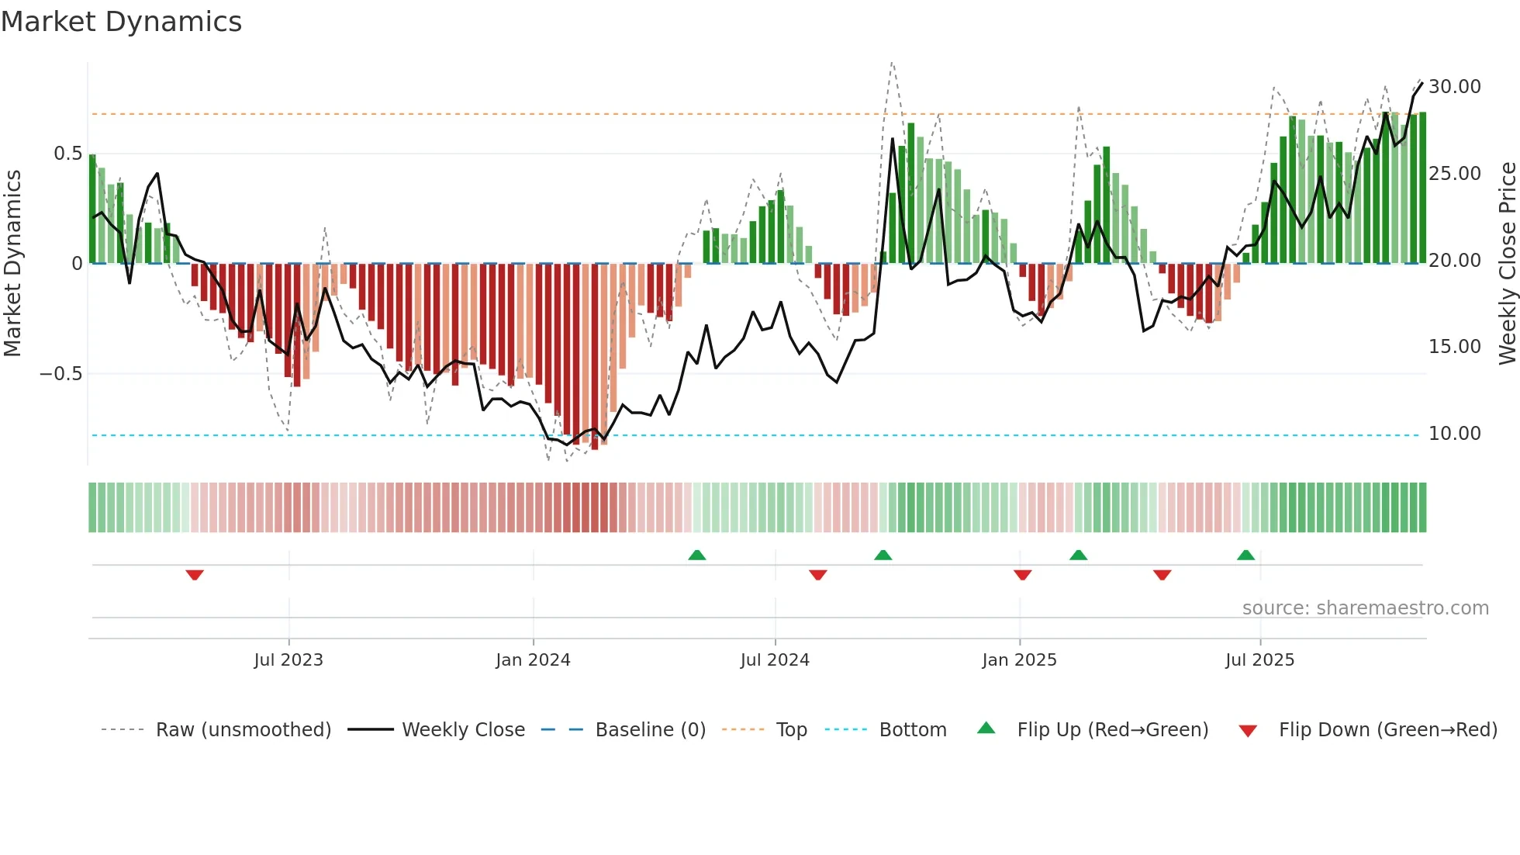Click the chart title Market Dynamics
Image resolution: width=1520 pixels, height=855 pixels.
(x=121, y=22)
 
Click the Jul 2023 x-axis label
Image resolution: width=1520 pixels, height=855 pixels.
(x=288, y=659)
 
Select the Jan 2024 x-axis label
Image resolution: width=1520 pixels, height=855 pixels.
(x=533, y=659)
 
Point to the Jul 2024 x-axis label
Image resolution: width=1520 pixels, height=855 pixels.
(x=775, y=659)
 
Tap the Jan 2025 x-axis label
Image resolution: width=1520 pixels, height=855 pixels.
(x=1019, y=659)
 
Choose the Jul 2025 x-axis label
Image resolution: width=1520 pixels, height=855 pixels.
(x=1259, y=659)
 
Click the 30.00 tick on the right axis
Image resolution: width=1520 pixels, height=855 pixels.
(x=1454, y=86)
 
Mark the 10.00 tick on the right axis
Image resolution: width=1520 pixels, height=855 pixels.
(x=1454, y=433)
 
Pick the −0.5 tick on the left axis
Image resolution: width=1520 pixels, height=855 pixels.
(x=60, y=373)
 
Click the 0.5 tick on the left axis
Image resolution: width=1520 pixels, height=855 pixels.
(x=67, y=153)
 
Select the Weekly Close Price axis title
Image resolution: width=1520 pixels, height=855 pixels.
(x=1507, y=263)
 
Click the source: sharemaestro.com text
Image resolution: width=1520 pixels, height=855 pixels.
(x=1365, y=607)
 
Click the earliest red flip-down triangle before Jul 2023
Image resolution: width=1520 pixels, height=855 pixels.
(x=195, y=575)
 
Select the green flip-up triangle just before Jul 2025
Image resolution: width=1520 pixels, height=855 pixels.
(x=1245, y=555)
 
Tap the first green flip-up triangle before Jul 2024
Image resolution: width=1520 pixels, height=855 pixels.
(x=696, y=555)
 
